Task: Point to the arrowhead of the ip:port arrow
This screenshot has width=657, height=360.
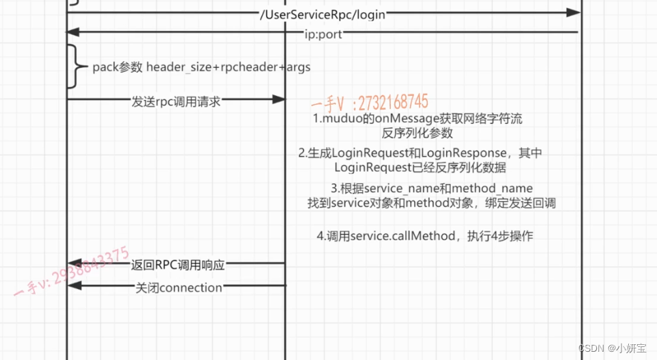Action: pos(73,32)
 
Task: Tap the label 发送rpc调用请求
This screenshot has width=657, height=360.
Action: pos(176,101)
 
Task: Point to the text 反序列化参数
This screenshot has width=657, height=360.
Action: pos(417,133)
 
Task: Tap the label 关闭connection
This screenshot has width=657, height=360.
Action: pos(179,287)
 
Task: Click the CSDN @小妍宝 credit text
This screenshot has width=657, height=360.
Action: pos(612,348)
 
